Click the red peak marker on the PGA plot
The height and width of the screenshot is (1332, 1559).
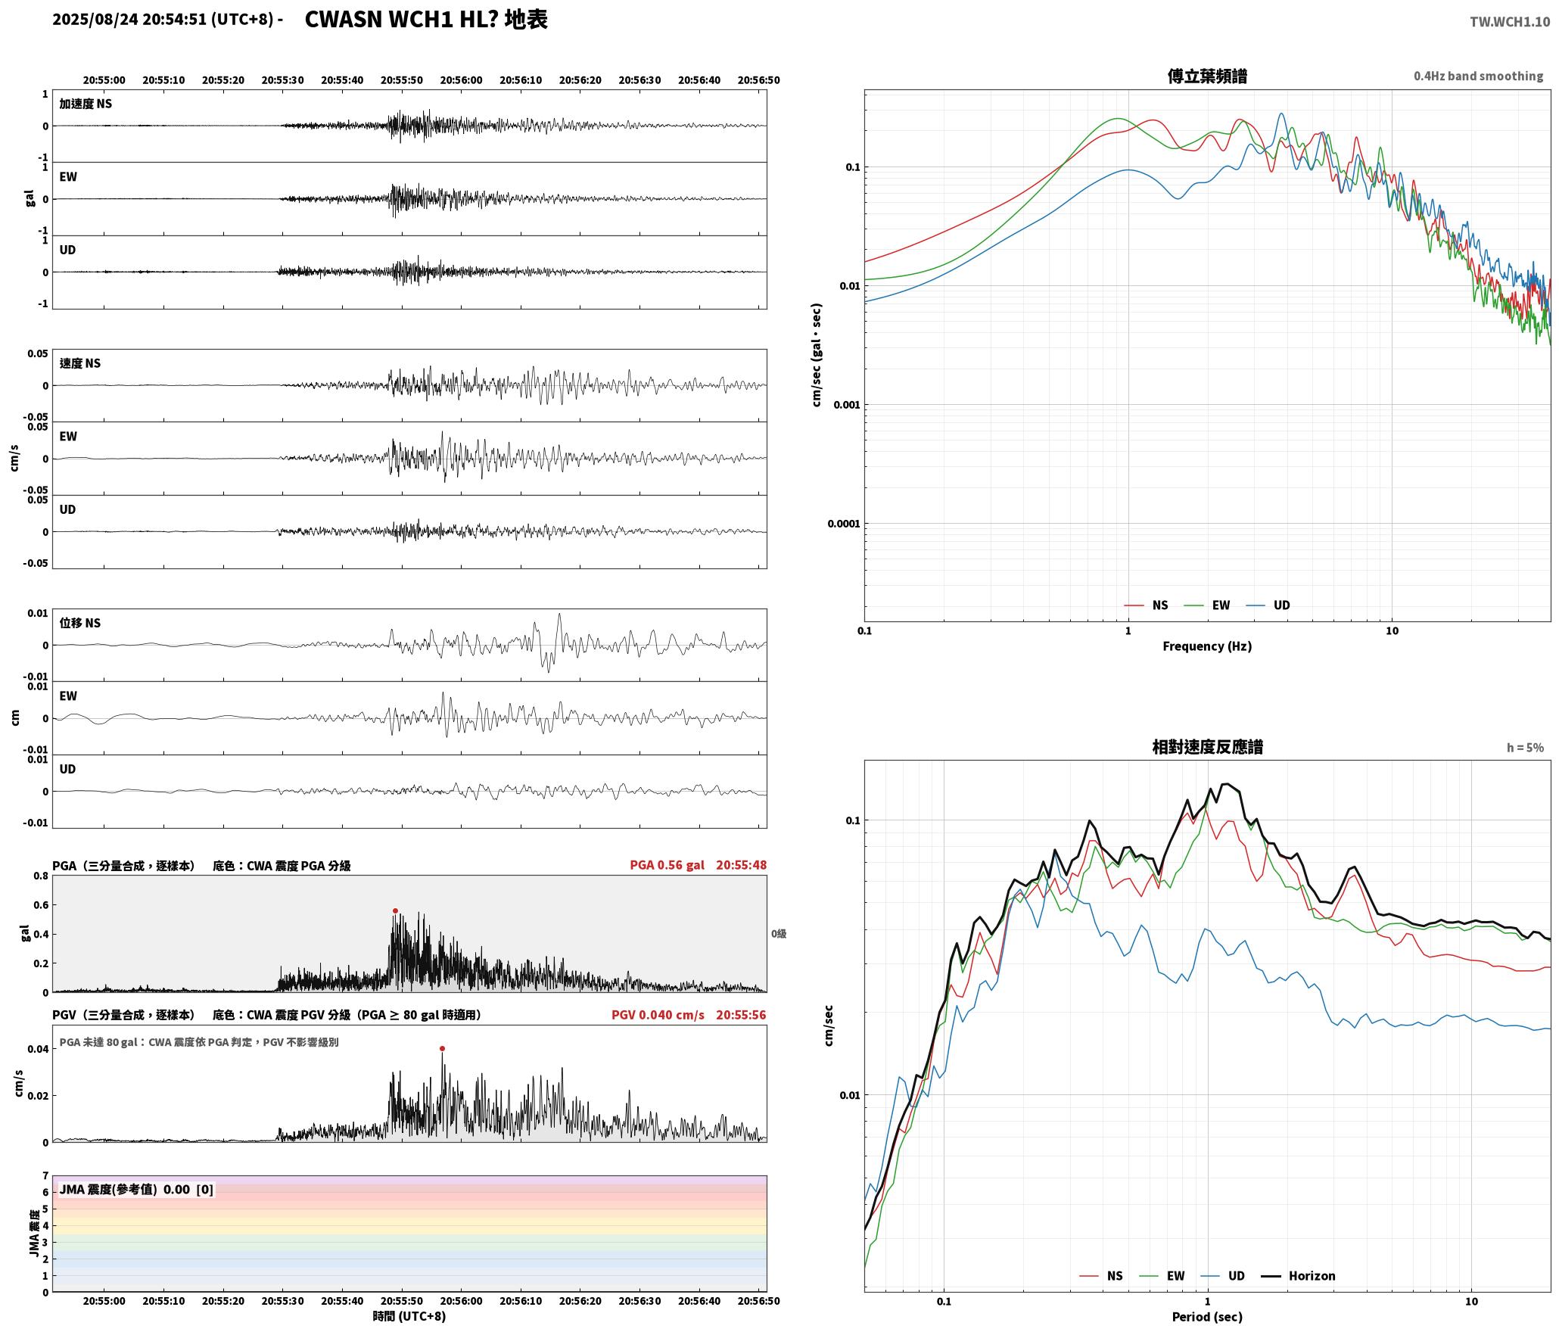395,910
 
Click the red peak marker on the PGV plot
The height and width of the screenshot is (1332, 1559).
442,1048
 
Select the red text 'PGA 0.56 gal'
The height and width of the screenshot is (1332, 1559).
667,865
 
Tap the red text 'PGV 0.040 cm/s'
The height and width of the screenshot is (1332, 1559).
658,1015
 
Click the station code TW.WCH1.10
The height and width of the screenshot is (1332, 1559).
1510,21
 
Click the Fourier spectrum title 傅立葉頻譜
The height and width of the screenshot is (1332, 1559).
1207,76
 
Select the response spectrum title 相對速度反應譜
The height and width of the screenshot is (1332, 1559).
1207,746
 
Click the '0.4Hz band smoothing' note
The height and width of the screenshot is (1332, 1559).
1478,76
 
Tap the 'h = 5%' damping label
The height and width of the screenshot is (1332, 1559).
1525,748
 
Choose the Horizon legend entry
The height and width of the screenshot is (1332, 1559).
1297,1275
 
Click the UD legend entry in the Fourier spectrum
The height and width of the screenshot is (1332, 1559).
1268,605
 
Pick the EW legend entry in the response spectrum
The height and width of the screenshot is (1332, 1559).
1162,1275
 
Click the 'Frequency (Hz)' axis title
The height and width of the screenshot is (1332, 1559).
1207,646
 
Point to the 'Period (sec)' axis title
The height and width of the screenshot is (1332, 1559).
1207,1316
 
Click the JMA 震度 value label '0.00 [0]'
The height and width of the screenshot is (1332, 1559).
188,1189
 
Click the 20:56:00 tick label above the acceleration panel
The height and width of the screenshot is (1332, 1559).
461,79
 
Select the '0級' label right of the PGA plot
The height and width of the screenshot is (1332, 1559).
779,934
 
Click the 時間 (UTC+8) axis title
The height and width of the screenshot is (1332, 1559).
409,1316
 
